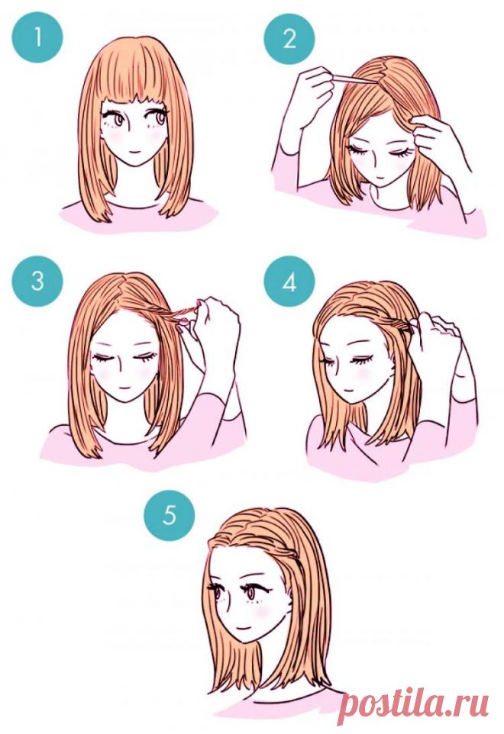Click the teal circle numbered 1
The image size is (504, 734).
click(x=37, y=37)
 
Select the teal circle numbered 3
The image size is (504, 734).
click(x=37, y=282)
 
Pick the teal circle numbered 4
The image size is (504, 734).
click(x=289, y=282)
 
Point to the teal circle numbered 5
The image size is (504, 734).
click(x=169, y=515)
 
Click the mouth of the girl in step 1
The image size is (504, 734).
click(x=134, y=152)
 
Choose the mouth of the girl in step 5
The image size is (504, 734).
click(x=243, y=626)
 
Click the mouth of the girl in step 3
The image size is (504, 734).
click(x=123, y=388)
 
